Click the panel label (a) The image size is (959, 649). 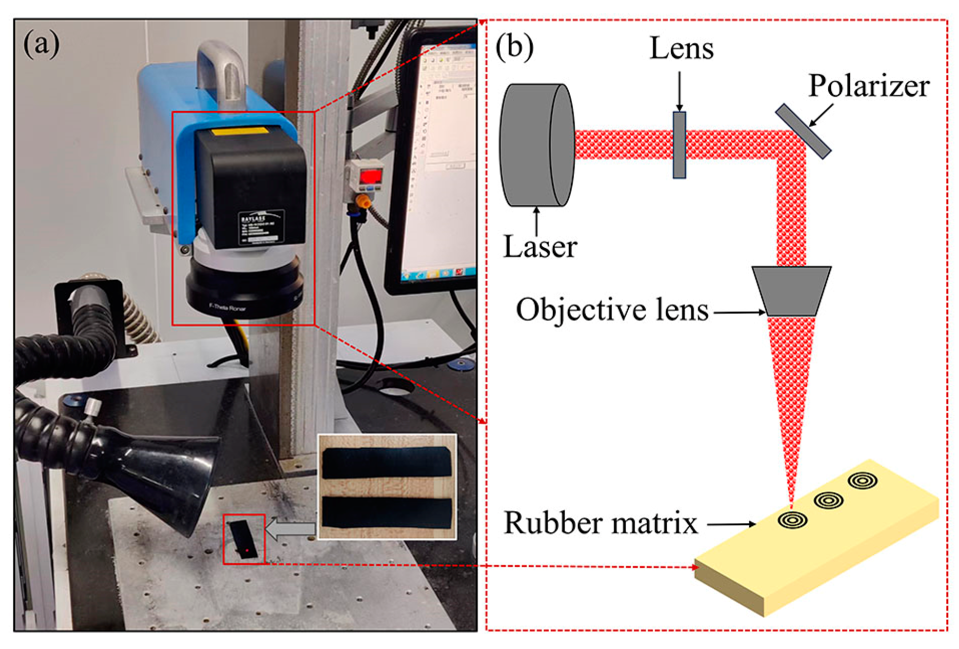(x=41, y=44)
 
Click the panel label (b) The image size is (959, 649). (x=514, y=47)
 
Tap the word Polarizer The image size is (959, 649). (x=869, y=86)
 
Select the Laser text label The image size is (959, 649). (x=540, y=247)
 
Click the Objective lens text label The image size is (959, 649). (x=612, y=310)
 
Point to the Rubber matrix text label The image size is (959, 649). (x=601, y=523)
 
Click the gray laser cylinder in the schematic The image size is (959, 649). (x=536, y=145)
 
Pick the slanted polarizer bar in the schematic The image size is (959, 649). (x=803, y=131)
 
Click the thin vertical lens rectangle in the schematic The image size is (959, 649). (x=679, y=145)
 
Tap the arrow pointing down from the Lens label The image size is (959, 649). (x=679, y=90)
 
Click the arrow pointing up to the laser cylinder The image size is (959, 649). (x=537, y=221)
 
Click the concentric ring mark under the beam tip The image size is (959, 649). (x=792, y=520)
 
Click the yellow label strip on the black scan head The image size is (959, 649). (x=240, y=131)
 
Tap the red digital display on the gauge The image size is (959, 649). (x=370, y=177)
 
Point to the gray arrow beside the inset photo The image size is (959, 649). (x=290, y=529)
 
